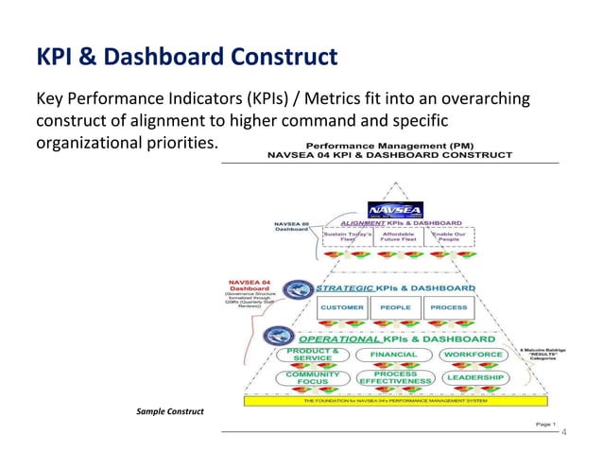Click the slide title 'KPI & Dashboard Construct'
tap(185, 58)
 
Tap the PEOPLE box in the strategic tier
tap(395, 307)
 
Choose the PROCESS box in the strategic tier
tap(448, 307)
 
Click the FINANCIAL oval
tap(393, 355)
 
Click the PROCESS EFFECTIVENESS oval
tap(394, 377)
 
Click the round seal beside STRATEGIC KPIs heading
tap(298, 289)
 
